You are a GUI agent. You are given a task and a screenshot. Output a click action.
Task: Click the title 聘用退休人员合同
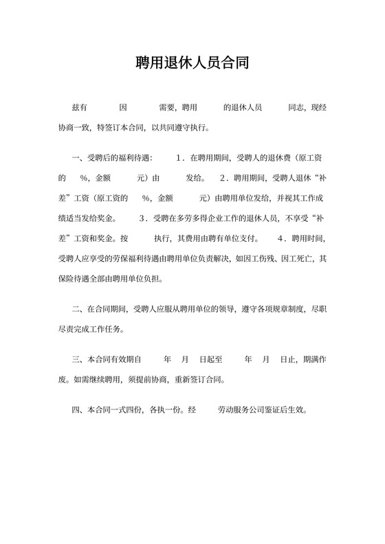pos(192,64)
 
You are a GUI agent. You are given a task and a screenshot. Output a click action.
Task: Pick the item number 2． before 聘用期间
pos(224,178)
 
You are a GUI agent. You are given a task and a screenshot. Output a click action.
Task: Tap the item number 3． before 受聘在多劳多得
pos(144,219)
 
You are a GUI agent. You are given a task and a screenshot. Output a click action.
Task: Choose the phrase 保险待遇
pos(74,280)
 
